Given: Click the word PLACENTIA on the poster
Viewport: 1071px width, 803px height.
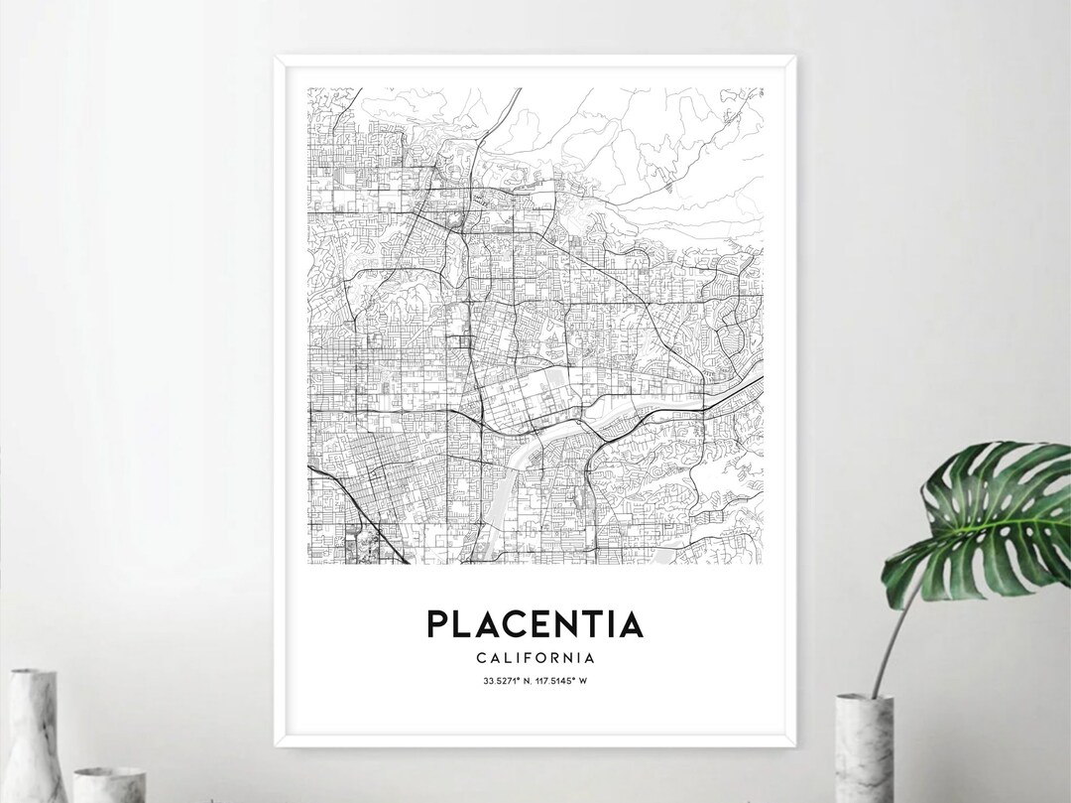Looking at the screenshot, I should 535,623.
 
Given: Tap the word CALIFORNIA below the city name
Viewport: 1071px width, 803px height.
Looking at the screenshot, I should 535,657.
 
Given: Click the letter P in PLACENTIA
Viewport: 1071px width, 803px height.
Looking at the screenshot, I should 437,623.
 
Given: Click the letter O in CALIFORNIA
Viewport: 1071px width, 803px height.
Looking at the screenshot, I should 547,657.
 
